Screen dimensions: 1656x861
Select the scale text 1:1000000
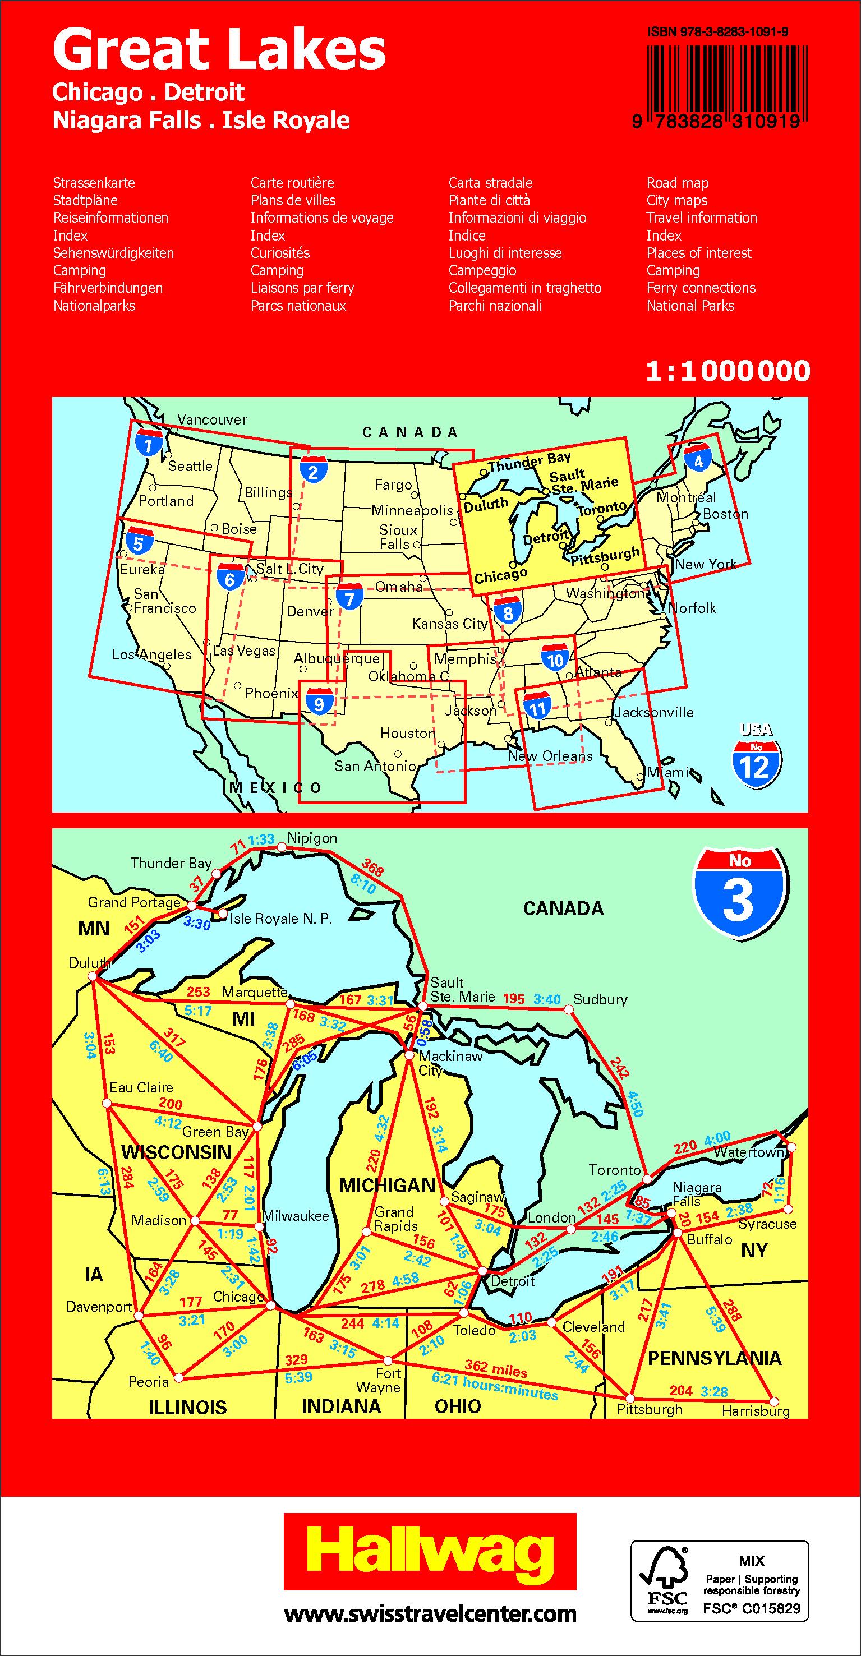(x=728, y=371)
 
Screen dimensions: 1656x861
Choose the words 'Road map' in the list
(x=677, y=183)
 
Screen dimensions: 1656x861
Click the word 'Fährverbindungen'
(x=107, y=288)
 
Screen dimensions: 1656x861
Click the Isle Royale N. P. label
(x=281, y=919)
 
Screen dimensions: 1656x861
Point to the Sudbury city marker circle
(x=568, y=1010)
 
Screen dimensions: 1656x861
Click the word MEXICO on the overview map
(x=277, y=788)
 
